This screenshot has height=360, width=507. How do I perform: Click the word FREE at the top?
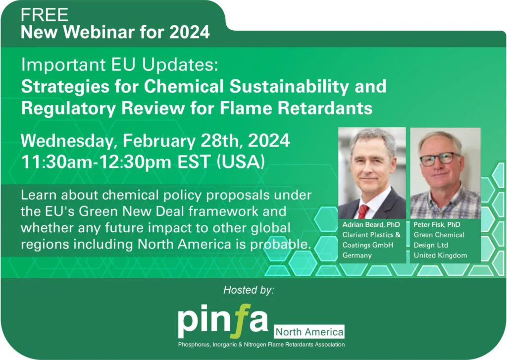point(45,15)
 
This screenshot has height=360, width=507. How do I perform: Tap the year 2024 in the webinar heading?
point(190,32)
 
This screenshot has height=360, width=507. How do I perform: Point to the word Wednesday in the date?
point(69,141)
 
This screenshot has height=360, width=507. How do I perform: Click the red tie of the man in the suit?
point(364,211)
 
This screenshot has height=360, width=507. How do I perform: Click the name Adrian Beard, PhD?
point(371,224)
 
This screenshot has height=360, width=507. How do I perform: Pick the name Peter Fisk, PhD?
point(437,224)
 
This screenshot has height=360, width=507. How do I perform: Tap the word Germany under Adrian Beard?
point(357,256)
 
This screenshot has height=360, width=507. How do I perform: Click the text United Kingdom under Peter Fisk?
point(440,256)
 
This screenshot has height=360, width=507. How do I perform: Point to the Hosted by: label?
point(249,290)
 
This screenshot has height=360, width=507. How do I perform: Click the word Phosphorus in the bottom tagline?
point(194,345)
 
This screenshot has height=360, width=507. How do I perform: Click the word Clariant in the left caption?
point(355,235)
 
